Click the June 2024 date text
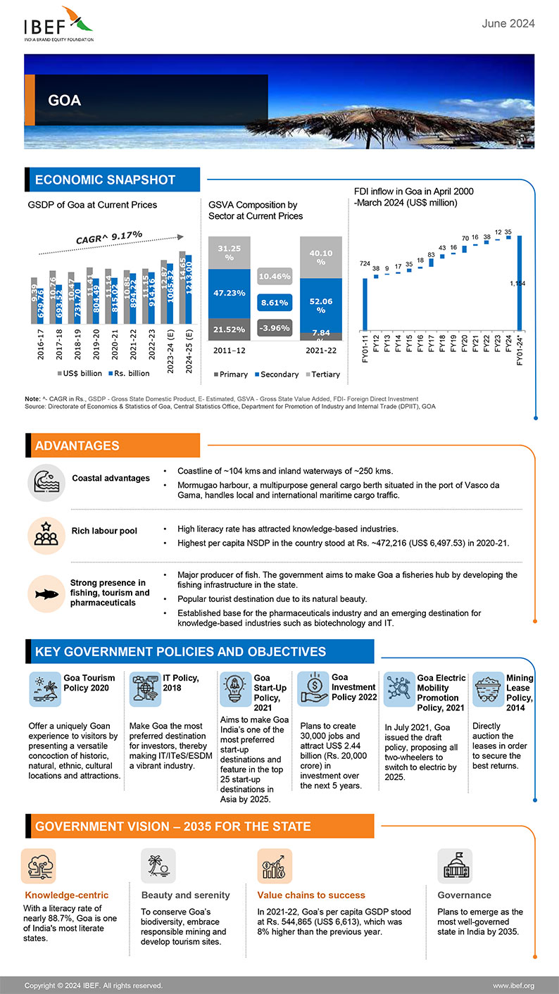(508, 24)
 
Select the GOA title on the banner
(64, 101)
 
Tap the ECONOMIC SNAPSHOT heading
(105, 180)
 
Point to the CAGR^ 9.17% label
(109, 238)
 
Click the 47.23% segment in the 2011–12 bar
(229, 293)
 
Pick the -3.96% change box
(275, 328)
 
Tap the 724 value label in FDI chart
(365, 263)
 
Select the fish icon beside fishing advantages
(46, 593)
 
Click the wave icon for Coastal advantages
(46, 483)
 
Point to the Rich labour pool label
(104, 531)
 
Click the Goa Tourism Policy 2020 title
(89, 683)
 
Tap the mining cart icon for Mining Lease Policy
(486, 688)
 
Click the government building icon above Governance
(454, 867)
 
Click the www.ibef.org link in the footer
(513, 985)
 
